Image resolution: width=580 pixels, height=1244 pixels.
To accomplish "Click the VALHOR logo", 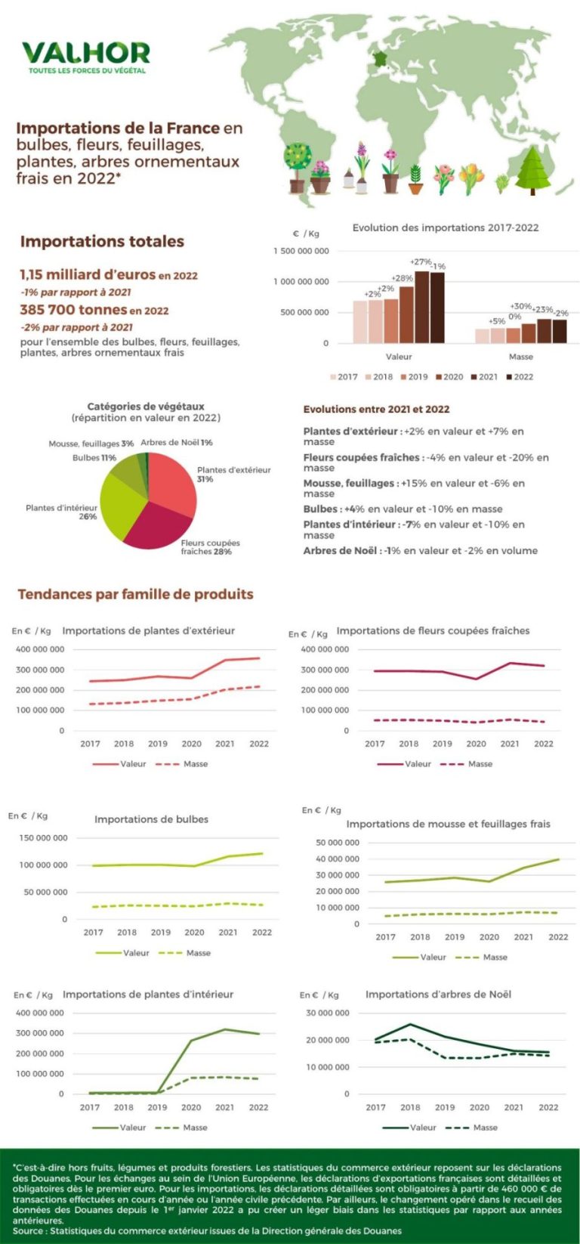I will tap(85, 55).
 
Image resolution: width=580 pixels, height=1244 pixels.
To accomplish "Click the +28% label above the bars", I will tap(402, 279).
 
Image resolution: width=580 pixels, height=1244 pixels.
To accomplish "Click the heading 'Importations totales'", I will tap(102, 242).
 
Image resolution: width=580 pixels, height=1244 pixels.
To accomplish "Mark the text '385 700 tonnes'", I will tap(73, 310).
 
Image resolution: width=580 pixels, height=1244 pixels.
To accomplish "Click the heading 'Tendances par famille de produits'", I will tap(135, 594).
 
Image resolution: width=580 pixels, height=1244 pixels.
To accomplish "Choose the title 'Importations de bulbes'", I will tap(151, 819).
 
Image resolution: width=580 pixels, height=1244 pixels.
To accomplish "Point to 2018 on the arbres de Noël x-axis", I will tap(410, 1107).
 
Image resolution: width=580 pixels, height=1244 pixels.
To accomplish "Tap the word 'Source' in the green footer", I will tap(28, 1230).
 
